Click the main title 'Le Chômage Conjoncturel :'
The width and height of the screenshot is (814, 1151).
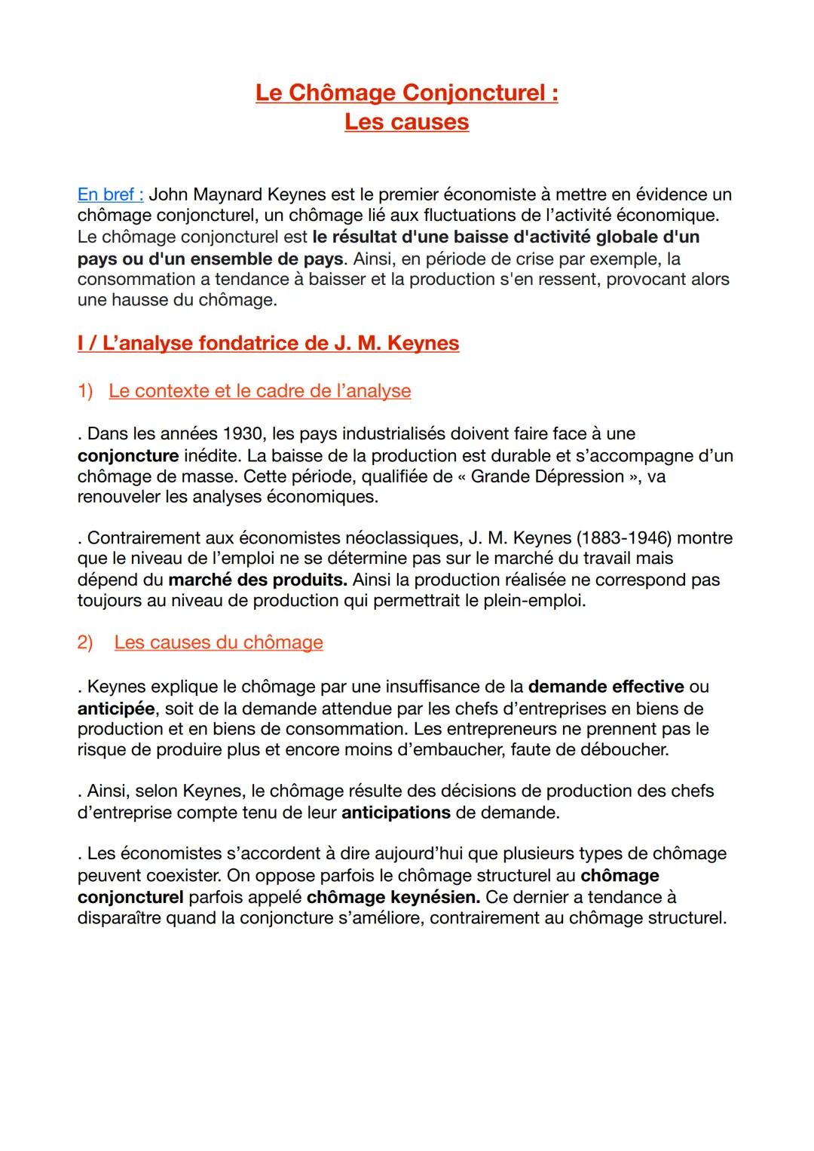(x=406, y=93)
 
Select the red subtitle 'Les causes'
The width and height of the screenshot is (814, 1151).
(x=406, y=122)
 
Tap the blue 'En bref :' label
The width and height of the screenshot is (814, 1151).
(x=110, y=194)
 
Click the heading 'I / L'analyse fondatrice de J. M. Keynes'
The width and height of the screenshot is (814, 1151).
(x=268, y=344)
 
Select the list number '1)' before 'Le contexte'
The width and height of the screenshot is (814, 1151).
(x=85, y=391)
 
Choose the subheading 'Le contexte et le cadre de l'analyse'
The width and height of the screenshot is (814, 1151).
(x=259, y=391)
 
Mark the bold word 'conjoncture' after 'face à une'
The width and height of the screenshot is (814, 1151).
(x=127, y=456)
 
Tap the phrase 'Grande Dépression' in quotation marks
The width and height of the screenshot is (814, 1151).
(x=547, y=477)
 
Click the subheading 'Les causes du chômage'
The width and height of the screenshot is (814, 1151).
(x=219, y=643)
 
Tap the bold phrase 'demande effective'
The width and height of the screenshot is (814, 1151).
(x=606, y=687)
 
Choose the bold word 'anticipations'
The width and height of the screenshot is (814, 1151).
(x=396, y=813)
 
